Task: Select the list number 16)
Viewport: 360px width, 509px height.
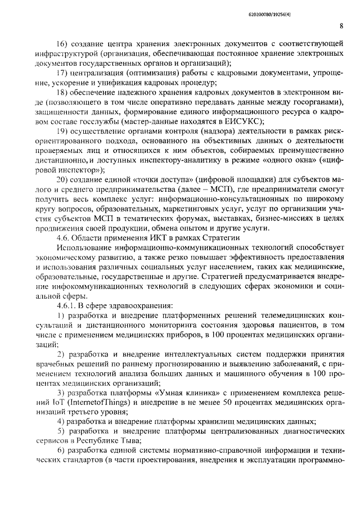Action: coord(62,43)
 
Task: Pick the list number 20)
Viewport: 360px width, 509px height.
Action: coord(62,179)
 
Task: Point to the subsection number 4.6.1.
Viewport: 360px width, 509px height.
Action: coord(66,306)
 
